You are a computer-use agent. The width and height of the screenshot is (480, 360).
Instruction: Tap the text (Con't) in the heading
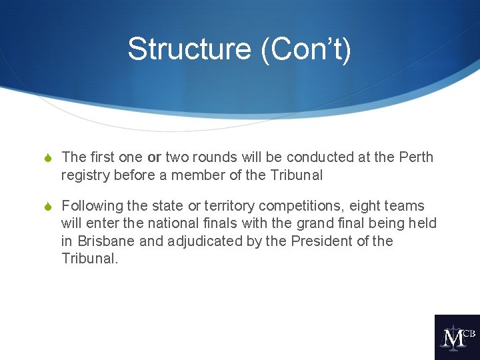(306, 49)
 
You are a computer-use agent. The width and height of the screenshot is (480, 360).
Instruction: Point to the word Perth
(416, 157)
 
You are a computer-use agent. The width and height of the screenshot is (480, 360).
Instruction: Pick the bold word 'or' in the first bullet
(154, 157)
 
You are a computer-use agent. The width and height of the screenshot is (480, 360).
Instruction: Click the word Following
(91, 206)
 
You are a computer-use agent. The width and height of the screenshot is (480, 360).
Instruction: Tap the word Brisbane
(106, 241)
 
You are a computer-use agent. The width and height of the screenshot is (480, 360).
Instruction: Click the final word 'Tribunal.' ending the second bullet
(89, 258)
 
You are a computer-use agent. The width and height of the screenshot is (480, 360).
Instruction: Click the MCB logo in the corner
(457, 337)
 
